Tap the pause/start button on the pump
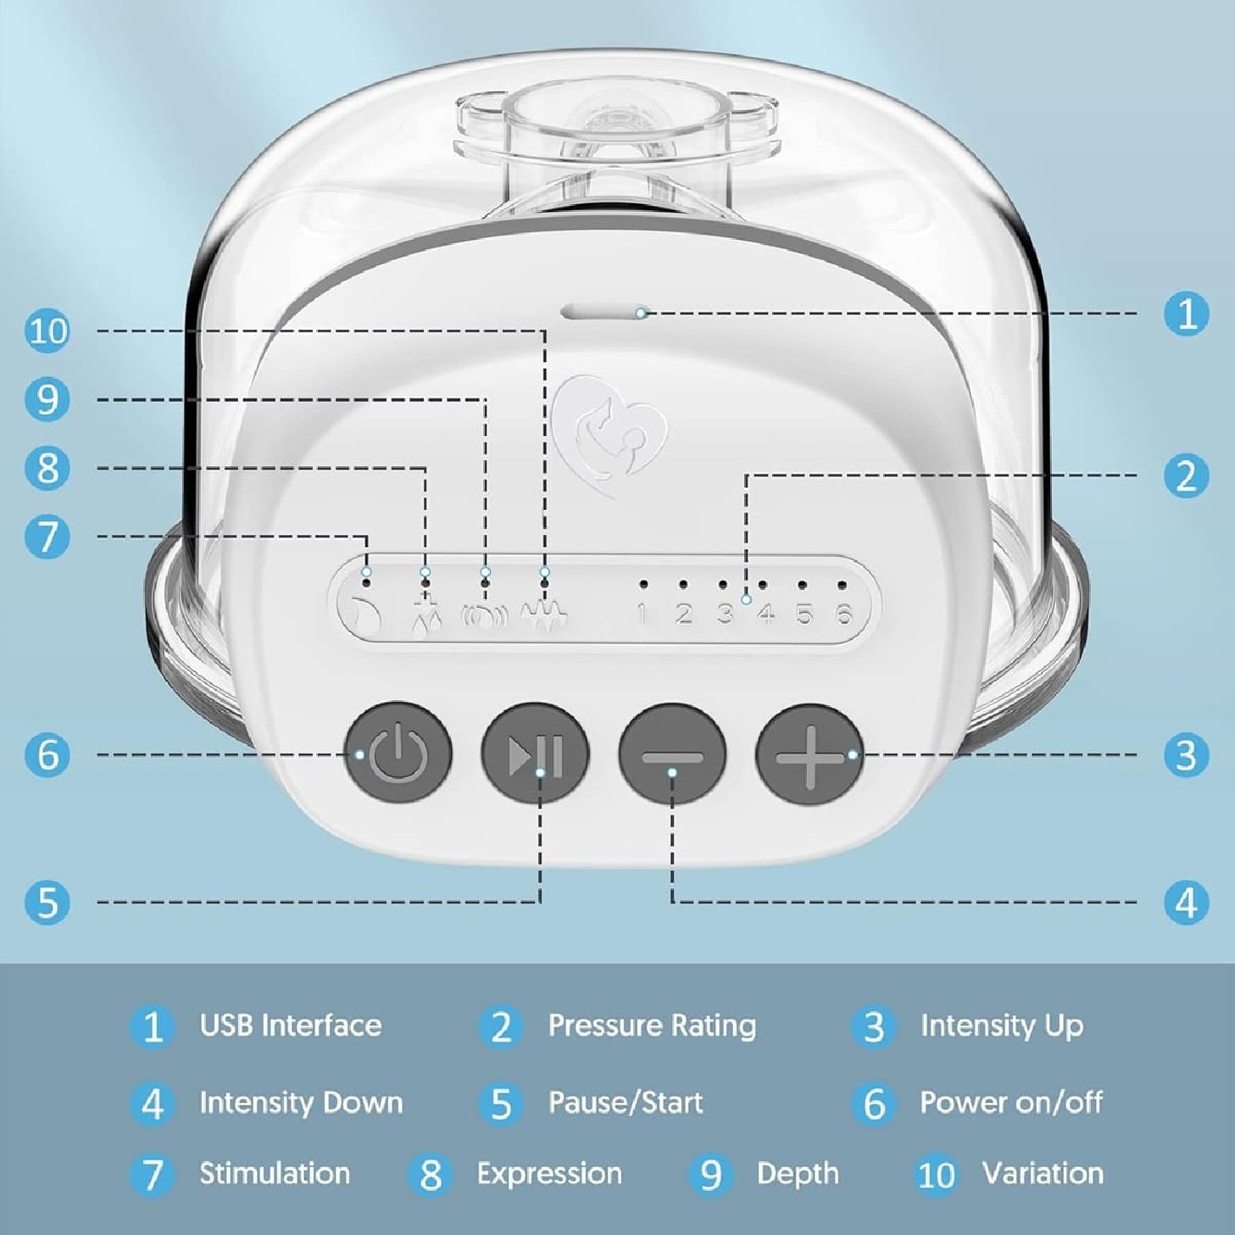[534, 752]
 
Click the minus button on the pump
[672, 752]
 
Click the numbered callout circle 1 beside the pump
[1186, 314]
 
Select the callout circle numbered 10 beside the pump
[49, 332]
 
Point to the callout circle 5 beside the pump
[49, 901]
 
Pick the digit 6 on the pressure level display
[844, 615]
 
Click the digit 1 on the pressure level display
[642, 615]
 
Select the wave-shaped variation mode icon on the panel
[545, 616]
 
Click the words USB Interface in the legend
[290, 1025]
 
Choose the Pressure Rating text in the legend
[652, 1026]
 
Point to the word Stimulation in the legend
[275, 1174]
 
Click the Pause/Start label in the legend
[626, 1102]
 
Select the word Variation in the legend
[1043, 1174]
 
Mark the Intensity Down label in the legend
[301, 1102]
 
